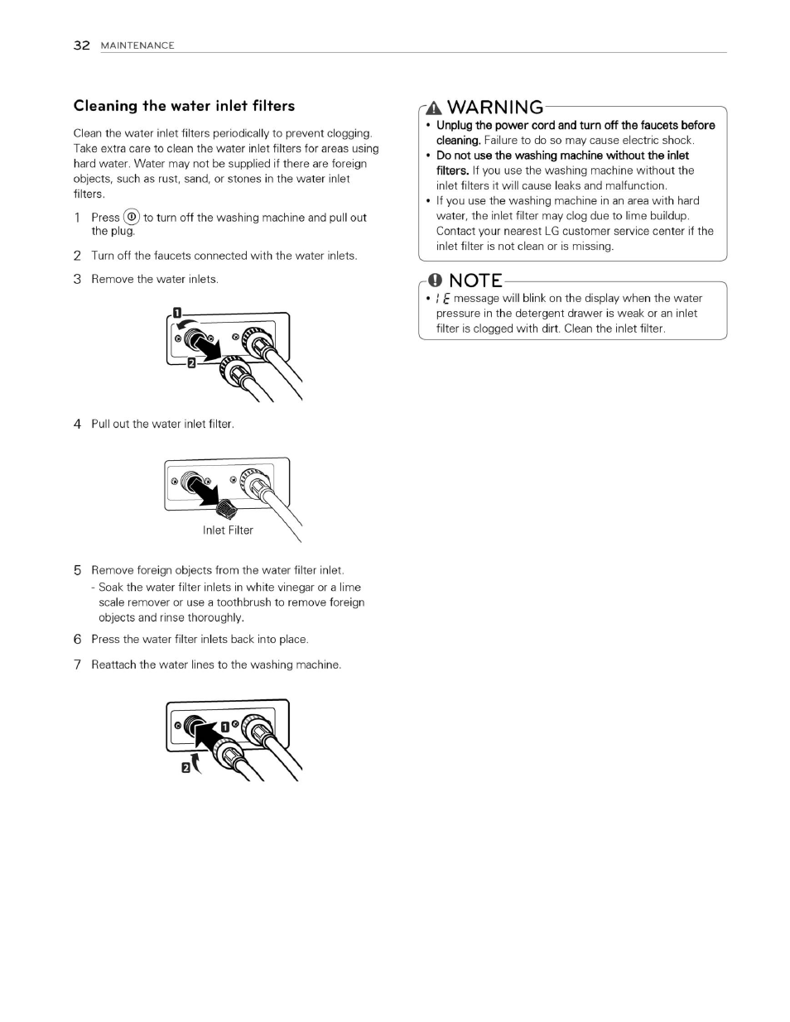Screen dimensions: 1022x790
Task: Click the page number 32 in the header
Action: [x=81, y=46]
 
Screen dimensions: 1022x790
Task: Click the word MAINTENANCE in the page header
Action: [x=137, y=46]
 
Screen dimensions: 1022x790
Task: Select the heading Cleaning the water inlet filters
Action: [x=184, y=106]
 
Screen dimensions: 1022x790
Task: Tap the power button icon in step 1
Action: [x=131, y=217]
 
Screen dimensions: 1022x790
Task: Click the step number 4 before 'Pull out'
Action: [x=77, y=425]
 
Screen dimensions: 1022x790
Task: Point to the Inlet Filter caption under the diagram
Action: [x=228, y=530]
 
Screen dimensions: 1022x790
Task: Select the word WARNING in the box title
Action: [x=495, y=108]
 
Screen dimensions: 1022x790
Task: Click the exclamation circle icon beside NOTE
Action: [x=436, y=281]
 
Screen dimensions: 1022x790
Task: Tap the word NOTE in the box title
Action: [x=475, y=281]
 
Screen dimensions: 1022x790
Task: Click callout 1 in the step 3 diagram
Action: [x=176, y=313]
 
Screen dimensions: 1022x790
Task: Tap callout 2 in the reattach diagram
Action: [x=185, y=768]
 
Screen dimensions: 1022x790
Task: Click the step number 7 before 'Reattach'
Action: [x=77, y=665]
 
